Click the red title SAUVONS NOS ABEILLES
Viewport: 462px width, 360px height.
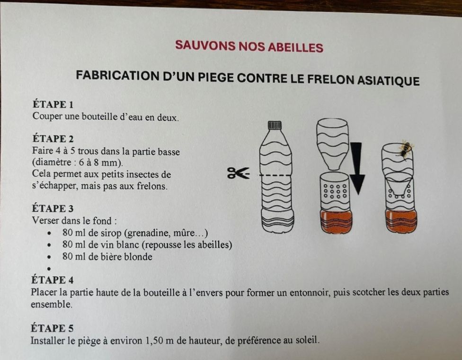coord(249,46)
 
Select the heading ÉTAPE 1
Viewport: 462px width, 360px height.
coord(53,104)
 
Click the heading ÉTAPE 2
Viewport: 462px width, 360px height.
coord(53,139)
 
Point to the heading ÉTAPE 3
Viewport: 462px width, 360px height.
coord(53,208)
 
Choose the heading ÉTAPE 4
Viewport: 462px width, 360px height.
coord(53,279)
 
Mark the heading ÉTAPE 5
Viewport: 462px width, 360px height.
coord(52,328)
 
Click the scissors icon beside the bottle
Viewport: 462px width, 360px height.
coord(239,173)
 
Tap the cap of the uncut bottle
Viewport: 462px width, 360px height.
coord(275,125)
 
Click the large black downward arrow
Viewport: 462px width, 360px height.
coord(357,168)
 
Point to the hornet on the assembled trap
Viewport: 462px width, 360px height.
coord(405,149)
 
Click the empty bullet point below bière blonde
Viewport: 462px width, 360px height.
coord(49,269)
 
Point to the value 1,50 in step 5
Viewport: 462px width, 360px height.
coord(154,341)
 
